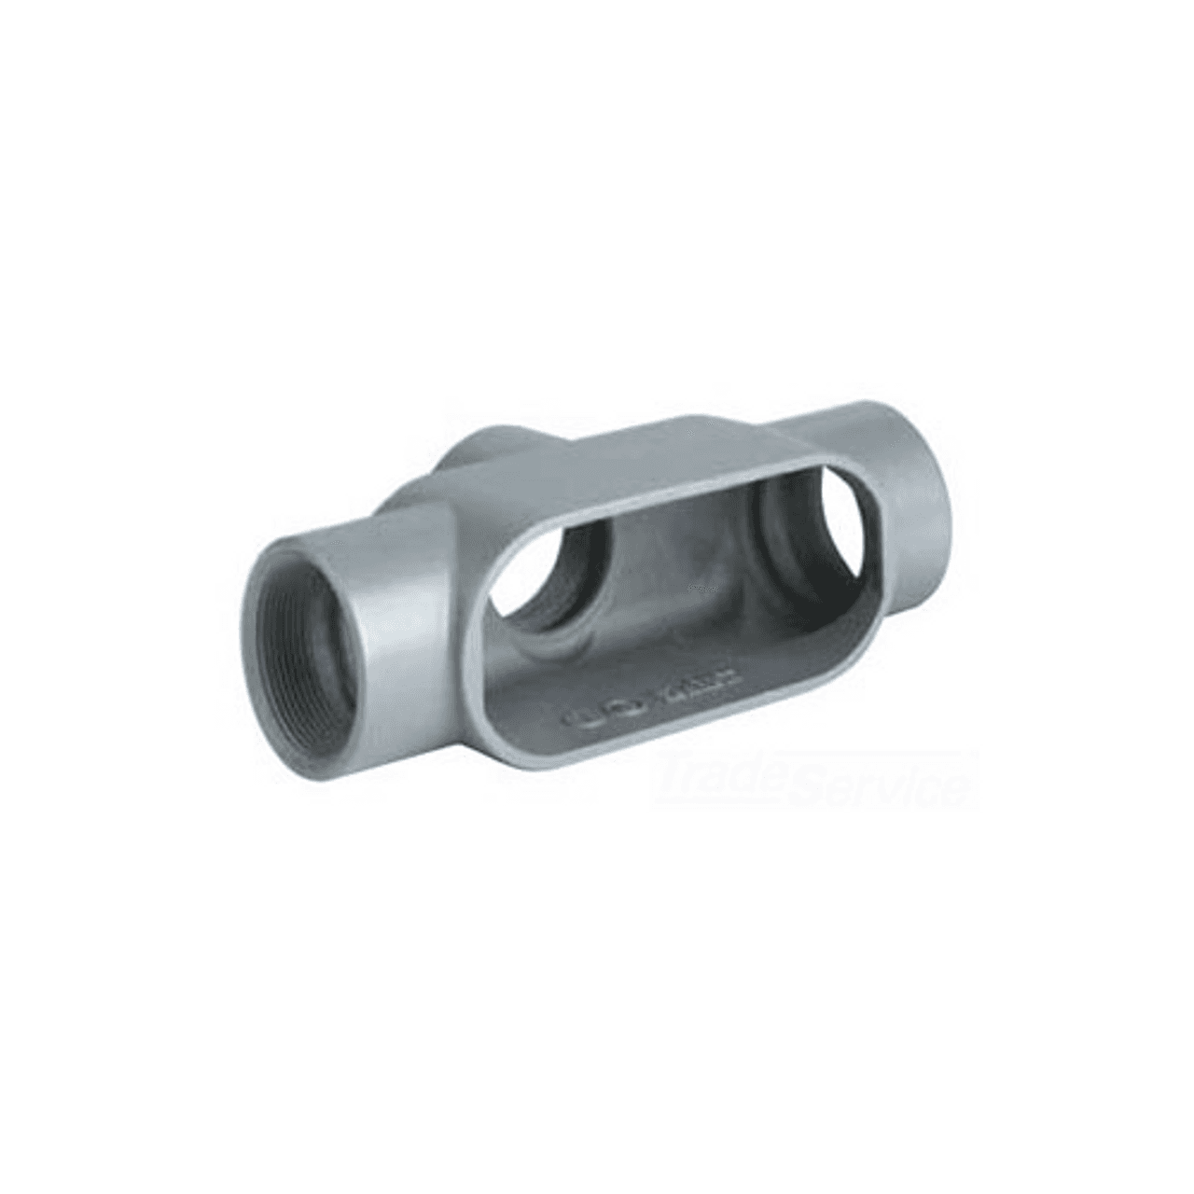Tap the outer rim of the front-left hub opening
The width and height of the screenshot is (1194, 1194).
(257, 597)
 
